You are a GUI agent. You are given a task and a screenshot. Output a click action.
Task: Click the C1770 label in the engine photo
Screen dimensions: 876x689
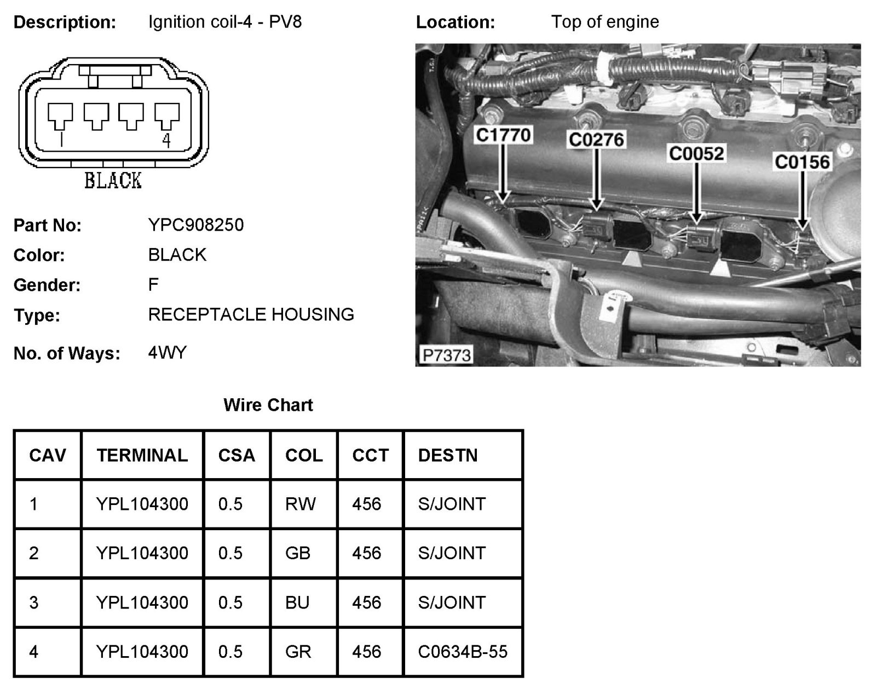tap(503, 135)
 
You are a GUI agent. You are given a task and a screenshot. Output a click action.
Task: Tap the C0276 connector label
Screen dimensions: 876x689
tap(596, 140)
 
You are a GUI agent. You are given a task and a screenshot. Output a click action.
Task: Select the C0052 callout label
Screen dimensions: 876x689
tap(696, 153)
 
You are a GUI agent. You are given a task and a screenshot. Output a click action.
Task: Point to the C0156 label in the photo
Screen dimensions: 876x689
tap(802, 162)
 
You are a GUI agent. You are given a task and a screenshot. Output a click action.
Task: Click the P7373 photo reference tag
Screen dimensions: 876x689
tap(447, 355)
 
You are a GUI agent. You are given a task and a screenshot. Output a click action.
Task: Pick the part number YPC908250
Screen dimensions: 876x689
tap(195, 225)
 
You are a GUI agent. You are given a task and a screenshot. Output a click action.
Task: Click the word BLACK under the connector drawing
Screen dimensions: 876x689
tap(113, 180)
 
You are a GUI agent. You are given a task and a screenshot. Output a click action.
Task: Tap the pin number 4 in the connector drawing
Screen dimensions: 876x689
tap(166, 141)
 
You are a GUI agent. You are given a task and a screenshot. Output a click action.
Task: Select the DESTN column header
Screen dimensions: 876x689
tap(447, 455)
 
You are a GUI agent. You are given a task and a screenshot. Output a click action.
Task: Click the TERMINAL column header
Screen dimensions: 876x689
tap(142, 455)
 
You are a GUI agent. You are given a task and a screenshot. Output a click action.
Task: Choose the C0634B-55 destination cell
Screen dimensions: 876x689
tap(463, 651)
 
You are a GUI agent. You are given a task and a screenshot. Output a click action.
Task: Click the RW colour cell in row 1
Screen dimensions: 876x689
tap(300, 504)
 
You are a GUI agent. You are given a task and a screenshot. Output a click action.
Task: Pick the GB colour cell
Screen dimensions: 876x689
tap(298, 553)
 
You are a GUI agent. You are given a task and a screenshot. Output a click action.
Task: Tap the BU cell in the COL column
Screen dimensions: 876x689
tap(297, 602)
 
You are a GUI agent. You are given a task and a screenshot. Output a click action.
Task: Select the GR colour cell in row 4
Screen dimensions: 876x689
tap(298, 651)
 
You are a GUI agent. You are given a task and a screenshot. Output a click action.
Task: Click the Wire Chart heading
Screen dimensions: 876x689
tap(268, 405)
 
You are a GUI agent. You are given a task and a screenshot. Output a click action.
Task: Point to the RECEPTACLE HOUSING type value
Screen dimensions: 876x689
tap(251, 314)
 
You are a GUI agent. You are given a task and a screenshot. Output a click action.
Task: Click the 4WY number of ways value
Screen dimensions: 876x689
tap(167, 352)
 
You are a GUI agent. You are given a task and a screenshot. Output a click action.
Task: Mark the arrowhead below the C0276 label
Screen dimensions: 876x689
tap(597, 205)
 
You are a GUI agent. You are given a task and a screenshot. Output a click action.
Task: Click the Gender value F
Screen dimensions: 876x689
tap(153, 284)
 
